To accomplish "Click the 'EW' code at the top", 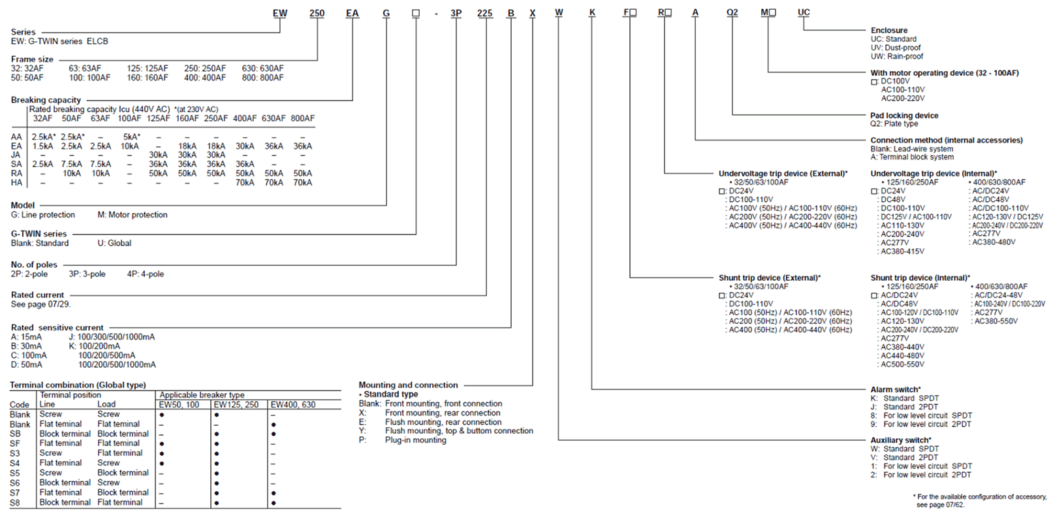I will (x=279, y=12).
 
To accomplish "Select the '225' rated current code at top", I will (x=484, y=12).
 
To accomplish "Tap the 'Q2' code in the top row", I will (x=732, y=12).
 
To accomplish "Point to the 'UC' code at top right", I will (x=804, y=12).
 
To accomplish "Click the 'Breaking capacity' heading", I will (x=46, y=100).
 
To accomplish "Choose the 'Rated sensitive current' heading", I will (x=57, y=328).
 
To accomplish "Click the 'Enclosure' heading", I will (x=888, y=30).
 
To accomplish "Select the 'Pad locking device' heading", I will (x=904, y=116).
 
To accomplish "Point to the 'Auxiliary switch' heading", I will (x=900, y=440).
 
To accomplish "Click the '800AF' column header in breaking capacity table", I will (x=302, y=118).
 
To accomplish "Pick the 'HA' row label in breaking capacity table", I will (x=16, y=183).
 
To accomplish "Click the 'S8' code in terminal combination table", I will (x=15, y=503).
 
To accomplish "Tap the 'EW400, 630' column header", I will (x=293, y=405).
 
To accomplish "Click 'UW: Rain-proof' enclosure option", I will (x=896, y=57).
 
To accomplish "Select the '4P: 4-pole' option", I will (x=145, y=274).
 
